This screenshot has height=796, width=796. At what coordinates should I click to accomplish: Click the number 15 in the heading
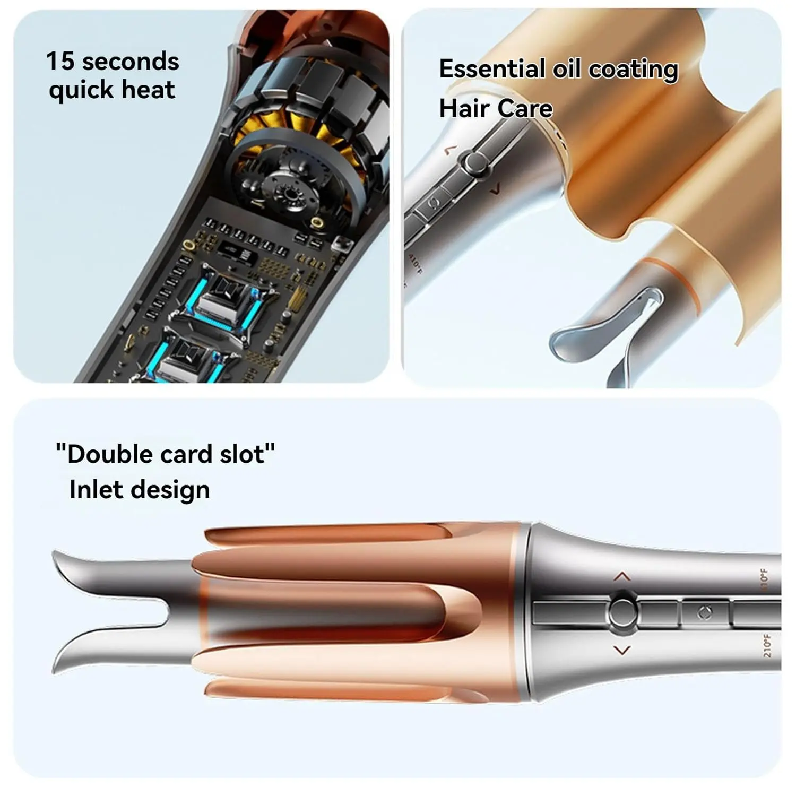tap(60, 61)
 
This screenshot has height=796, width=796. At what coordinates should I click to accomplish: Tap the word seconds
tap(131, 62)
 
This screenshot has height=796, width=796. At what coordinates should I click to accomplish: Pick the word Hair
tap(463, 108)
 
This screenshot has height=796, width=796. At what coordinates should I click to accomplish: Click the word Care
tap(525, 109)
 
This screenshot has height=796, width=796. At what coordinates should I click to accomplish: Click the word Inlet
tap(96, 489)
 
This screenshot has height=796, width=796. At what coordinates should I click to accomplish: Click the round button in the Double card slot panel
tap(622, 613)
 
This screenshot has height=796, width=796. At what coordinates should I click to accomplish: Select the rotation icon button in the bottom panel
tap(705, 613)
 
